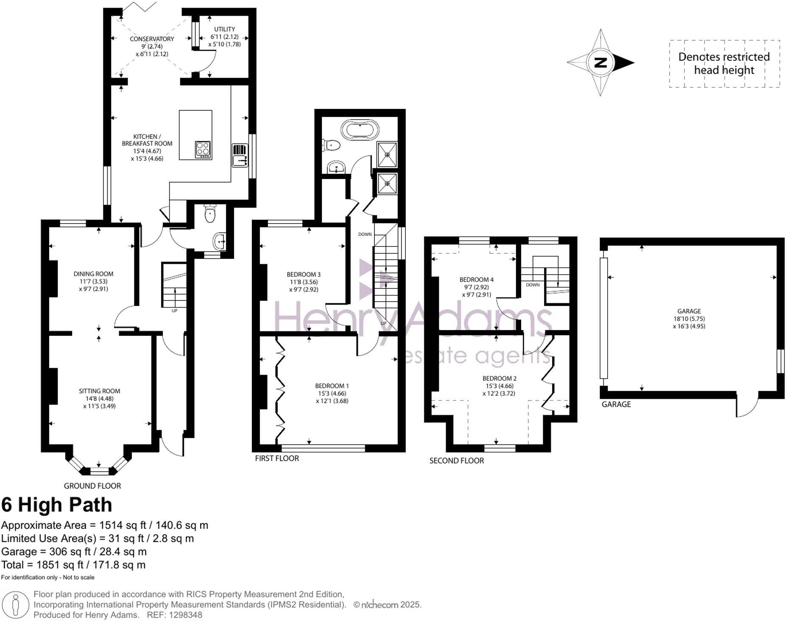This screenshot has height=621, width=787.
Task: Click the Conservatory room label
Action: pyautogui.click(x=152, y=39)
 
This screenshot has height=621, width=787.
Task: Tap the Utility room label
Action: pyautogui.click(x=224, y=29)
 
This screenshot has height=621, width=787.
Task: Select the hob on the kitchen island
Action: pyautogui.click(x=203, y=150)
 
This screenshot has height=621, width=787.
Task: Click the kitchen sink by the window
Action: pyautogui.click(x=240, y=161)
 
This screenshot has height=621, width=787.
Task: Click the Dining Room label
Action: pyautogui.click(x=93, y=274)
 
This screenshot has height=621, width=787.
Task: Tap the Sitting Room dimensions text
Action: pyautogui.click(x=100, y=402)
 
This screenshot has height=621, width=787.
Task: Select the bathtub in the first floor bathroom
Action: pyautogui.click(x=360, y=130)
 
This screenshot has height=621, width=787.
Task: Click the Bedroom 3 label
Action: pyautogui.click(x=304, y=274)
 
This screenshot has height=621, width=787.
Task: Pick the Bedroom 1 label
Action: pyautogui.click(x=332, y=386)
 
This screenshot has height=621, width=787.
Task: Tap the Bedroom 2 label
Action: pyautogui.click(x=500, y=378)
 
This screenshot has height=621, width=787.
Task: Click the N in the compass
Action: pyautogui.click(x=600, y=63)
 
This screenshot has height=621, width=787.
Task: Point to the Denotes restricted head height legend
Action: pyautogui.click(x=724, y=64)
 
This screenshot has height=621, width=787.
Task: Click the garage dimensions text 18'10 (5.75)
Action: pyautogui.click(x=689, y=319)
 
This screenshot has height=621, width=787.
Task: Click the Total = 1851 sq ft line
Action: pyautogui.click(x=73, y=565)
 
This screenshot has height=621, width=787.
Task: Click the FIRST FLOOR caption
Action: pyautogui.click(x=277, y=458)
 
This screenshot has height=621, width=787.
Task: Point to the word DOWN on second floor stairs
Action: pyautogui.click(x=533, y=285)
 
